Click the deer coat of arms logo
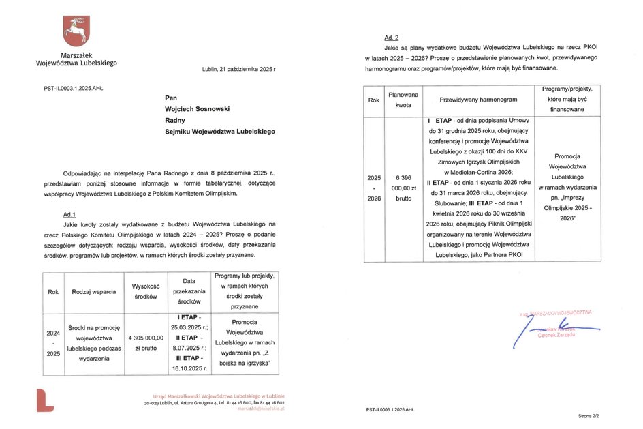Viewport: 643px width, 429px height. click(x=76, y=30)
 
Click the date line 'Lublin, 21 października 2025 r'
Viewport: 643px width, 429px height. click(x=239, y=70)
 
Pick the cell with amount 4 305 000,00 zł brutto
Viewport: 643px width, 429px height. click(x=145, y=342)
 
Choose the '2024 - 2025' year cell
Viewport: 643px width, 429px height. click(x=53, y=343)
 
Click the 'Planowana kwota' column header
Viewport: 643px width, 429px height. click(x=403, y=100)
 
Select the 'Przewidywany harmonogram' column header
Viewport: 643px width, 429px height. click(x=478, y=100)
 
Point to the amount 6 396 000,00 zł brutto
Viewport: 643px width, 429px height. click(x=403, y=188)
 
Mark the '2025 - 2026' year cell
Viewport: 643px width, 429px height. click(x=373, y=188)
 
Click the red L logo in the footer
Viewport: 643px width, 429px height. click(x=45, y=400)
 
